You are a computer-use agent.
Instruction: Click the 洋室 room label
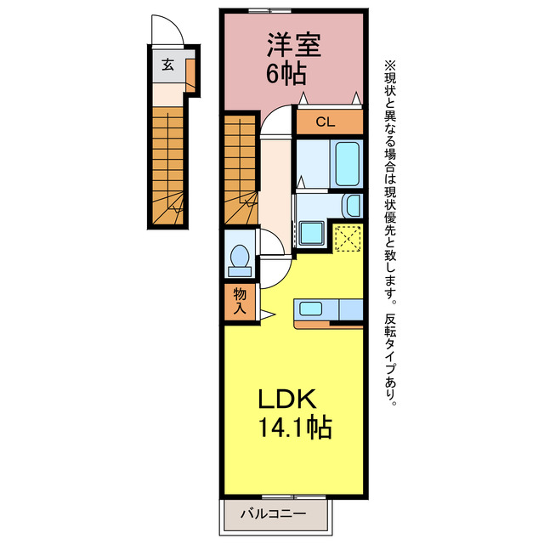pyautogui.click(x=294, y=45)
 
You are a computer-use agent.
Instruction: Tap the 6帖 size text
pyautogui.click(x=286, y=73)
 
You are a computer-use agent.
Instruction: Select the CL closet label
pyautogui.click(x=325, y=122)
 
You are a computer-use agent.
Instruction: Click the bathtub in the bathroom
pyautogui.click(x=347, y=164)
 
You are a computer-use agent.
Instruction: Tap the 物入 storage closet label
pyautogui.click(x=240, y=301)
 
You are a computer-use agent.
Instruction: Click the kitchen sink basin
pyautogui.click(x=311, y=309)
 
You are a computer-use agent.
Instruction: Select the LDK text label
pyautogui.click(x=287, y=399)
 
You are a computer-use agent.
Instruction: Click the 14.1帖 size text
pyautogui.click(x=295, y=427)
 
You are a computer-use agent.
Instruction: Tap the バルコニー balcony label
pyautogui.click(x=274, y=513)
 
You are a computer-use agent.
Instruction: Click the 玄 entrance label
pyautogui.click(x=168, y=65)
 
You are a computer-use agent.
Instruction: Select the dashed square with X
pyautogui.click(x=348, y=238)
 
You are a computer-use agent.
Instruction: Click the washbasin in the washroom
pyautogui.click(x=353, y=206)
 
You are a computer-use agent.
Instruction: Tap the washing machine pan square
pyautogui.click(x=312, y=234)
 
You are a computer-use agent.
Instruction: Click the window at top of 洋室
pyautogui.click(x=270, y=10)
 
